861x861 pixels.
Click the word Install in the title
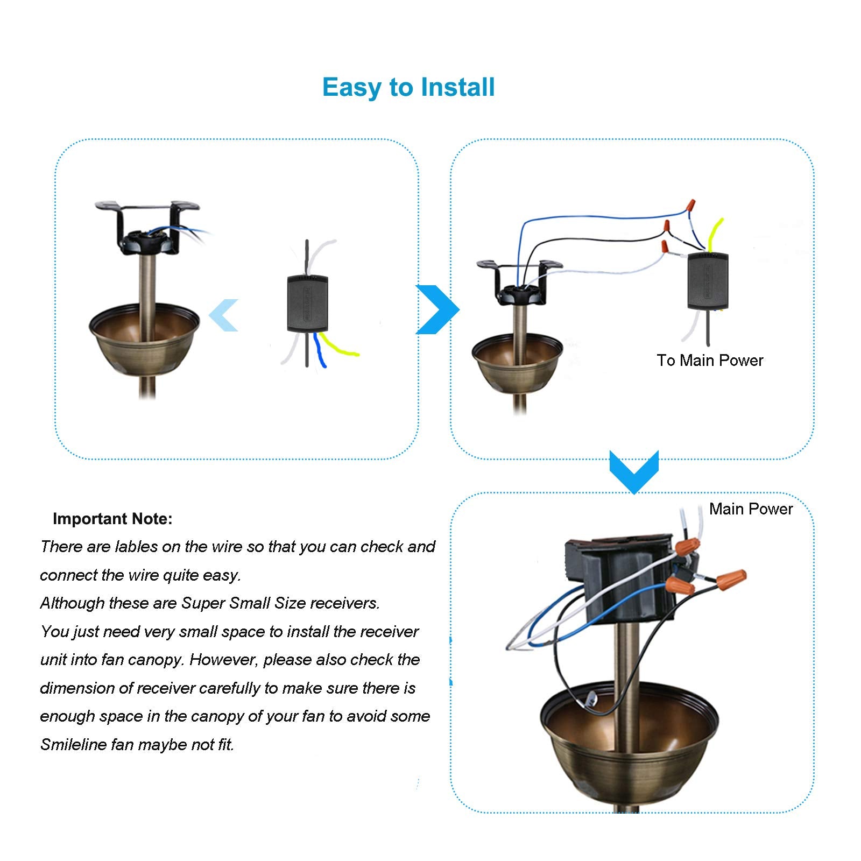pos(457,87)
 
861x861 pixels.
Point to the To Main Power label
pos(709,361)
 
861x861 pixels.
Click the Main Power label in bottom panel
pos(751,509)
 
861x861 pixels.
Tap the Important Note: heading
pos(112,519)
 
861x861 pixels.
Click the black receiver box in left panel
pos(307,304)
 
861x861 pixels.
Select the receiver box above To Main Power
pos(708,281)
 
